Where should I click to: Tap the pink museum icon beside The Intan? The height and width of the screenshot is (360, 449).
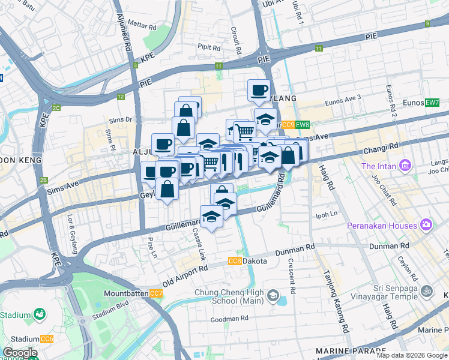tap(405, 165)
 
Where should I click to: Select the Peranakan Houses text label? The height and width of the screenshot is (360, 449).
tap(382, 226)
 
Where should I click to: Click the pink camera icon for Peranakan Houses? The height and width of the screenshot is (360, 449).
tap(426, 225)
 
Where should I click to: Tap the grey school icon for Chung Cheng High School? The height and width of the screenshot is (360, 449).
tap(273, 295)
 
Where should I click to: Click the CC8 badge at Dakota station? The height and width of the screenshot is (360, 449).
tap(235, 261)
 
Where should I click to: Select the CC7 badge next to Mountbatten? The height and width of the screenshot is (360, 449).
tap(156, 293)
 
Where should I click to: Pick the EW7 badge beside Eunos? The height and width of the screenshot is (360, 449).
tap(432, 103)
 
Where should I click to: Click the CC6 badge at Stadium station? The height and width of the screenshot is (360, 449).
tap(47, 339)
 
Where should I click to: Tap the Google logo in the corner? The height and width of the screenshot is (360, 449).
tap(20, 353)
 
